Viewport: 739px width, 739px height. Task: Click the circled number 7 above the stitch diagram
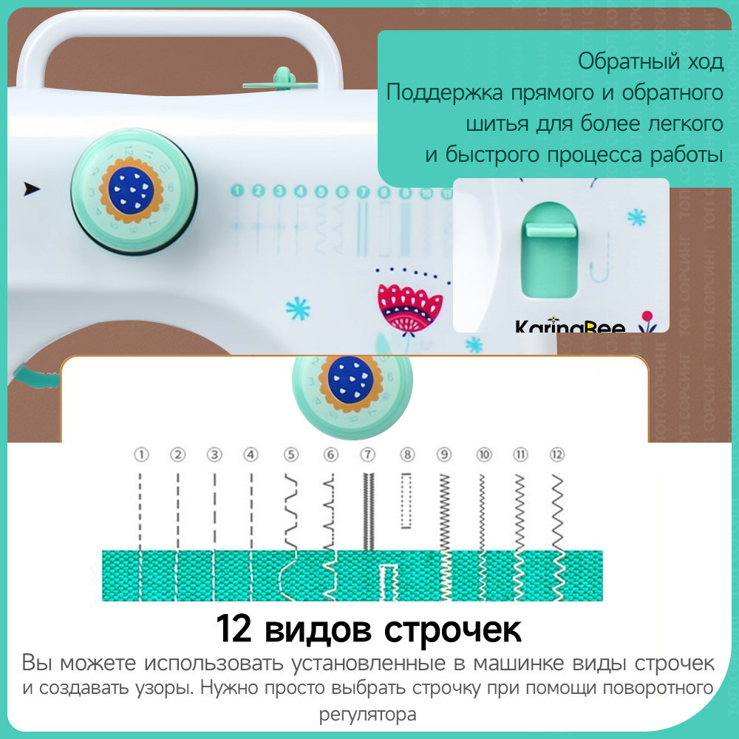pos(367,455)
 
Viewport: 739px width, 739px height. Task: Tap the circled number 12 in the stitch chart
pos(557,455)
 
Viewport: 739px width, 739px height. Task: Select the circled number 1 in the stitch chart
pos(140,455)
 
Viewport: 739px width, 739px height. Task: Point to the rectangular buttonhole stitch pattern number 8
pos(405,502)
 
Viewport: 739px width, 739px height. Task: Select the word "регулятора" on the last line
pos(368,715)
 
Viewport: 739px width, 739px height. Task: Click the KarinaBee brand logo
pos(570,327)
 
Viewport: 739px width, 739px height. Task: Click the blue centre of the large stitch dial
pos(131,188)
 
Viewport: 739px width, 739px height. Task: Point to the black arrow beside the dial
pos(32,188)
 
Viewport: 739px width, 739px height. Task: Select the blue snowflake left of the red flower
pos(298,308)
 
